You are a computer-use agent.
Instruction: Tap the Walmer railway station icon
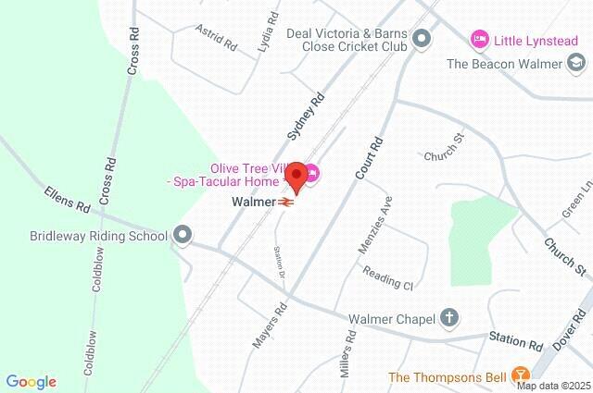pos(288,202)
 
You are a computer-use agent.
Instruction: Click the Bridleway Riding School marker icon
pos(183,235)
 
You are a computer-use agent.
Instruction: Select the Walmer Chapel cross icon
pos(449,319)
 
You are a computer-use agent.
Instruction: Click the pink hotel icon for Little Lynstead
pos(479,39)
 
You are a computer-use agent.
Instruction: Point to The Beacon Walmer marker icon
pos(577,64)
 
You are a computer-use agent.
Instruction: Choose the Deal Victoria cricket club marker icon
pos(423,39)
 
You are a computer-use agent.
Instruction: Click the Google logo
pos(31,382)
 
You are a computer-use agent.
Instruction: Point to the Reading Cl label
pos(386,277)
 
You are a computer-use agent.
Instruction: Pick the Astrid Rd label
pos(216,37)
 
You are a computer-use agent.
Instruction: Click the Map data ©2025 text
pos(553,385)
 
